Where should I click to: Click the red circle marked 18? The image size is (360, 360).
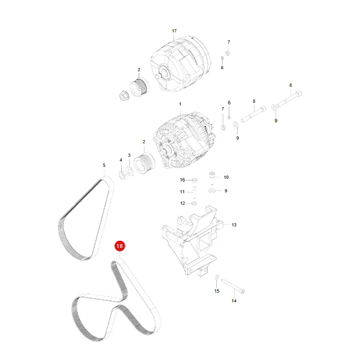(120, 246)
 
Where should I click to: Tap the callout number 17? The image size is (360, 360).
(174, 31)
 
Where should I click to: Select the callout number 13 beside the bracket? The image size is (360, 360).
(234, 225)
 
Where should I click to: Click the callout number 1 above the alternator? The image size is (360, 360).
(180, 104)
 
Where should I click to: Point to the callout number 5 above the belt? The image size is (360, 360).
(104, 165)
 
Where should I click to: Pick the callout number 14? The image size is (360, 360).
(234, 301)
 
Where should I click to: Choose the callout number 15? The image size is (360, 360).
(217, 291)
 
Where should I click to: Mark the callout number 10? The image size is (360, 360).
(226, 177)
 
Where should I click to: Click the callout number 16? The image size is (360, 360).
(182, 180)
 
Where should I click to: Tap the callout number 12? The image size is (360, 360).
(182, 203)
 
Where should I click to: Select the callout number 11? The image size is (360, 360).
(182, 192)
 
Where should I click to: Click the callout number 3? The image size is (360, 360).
(129, 155)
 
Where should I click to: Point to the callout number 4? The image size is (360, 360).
(121, 160)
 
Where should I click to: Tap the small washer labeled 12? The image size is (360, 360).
(194, 203)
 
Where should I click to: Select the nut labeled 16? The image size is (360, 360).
(194, 180)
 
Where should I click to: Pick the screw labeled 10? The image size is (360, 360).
(212, 177)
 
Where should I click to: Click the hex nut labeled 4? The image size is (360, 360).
(123, 176)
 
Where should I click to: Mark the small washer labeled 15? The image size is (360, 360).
(217, 277)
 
